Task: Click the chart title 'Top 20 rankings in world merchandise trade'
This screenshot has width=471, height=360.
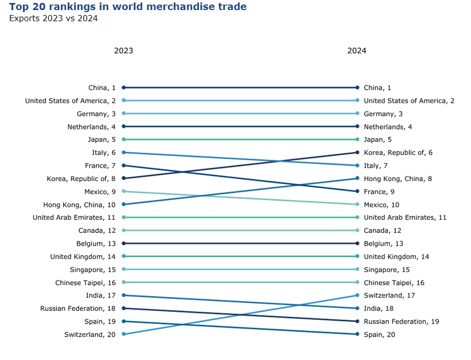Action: [x=128, y=7]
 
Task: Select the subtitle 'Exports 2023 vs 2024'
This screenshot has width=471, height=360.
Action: [x=53, y=19]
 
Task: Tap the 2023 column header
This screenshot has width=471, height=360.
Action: [x=123, y=50]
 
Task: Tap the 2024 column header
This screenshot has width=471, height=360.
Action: [x=357, y=50]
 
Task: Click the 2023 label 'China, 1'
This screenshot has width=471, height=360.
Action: [x=102, y=87]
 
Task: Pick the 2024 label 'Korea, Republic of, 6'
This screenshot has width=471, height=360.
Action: [x=398, y=153]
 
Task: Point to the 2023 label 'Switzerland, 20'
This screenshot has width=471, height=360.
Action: [x=90, y=335]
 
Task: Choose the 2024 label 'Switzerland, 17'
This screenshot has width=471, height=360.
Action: [x=390, y=296]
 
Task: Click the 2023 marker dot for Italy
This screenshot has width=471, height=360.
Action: [x=123, y=153]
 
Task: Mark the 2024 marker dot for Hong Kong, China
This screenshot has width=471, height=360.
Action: [x=357, y=178]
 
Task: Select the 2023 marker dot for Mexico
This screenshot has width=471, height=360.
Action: [x=123, y=191]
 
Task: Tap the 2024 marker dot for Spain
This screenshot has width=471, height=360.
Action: [x=357, y=334]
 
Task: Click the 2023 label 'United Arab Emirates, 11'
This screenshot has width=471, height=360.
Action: [x=74, y=218]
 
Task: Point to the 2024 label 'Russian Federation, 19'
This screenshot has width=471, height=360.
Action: [x=401, y=322]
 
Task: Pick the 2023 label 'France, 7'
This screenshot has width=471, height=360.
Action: [x=100, y=165]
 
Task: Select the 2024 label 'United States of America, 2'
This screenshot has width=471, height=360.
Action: [x=409, y=101]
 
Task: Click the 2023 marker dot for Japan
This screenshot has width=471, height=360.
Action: [x=123, y=139]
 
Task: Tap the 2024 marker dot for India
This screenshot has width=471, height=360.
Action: [x=357, y=308]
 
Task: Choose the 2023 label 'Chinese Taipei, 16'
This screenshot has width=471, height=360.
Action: [x=85, y=283]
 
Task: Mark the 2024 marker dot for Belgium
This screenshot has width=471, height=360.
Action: [x=357, y=243]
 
